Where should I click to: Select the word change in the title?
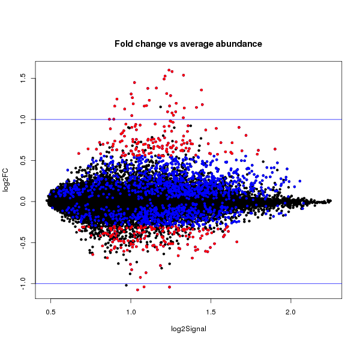click(x=154, y=44)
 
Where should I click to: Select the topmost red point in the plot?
click(x=169, y=70)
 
